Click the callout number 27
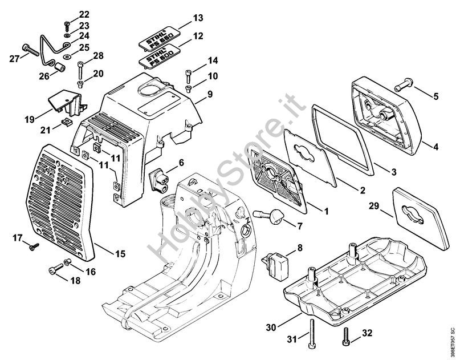point(14,59)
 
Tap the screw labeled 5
point(402,83)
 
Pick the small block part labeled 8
point(276,265)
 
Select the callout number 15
point(120,253)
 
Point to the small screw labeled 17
point(34,247)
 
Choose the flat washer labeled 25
point(67,56)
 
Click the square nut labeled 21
point(67,122)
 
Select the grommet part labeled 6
point(159,180)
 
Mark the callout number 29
point(374,206)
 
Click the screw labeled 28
point(80,70)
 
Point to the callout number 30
point(271,327)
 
